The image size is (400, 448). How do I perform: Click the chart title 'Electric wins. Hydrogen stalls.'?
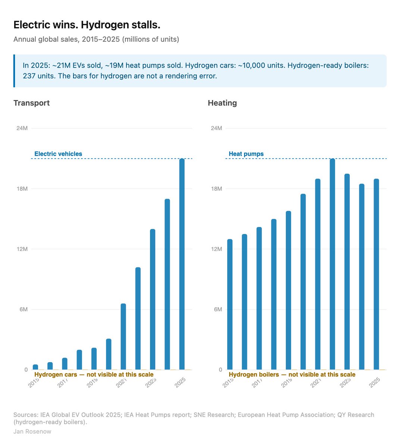(87, 25)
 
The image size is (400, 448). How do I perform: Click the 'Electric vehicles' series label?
(58, 154)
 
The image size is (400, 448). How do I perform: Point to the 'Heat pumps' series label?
(246, 154)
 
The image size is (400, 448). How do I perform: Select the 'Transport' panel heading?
(31, 103)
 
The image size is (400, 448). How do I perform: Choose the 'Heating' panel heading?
(222, 103)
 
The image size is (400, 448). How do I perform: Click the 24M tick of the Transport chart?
(22, 128)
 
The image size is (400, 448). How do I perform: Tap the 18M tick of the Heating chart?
(216, 189)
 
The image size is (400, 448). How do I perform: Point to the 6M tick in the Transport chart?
(22, 309)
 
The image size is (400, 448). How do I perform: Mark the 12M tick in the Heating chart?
(216, 249)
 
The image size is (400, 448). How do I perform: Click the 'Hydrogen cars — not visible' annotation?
(94, 374)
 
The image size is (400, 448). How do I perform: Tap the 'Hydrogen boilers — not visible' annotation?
(292, 374)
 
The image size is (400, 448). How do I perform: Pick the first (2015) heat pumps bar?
(229, 304)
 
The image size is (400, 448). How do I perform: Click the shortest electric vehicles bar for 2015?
(35, 367)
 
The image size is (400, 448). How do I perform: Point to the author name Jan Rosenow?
(32, 432)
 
